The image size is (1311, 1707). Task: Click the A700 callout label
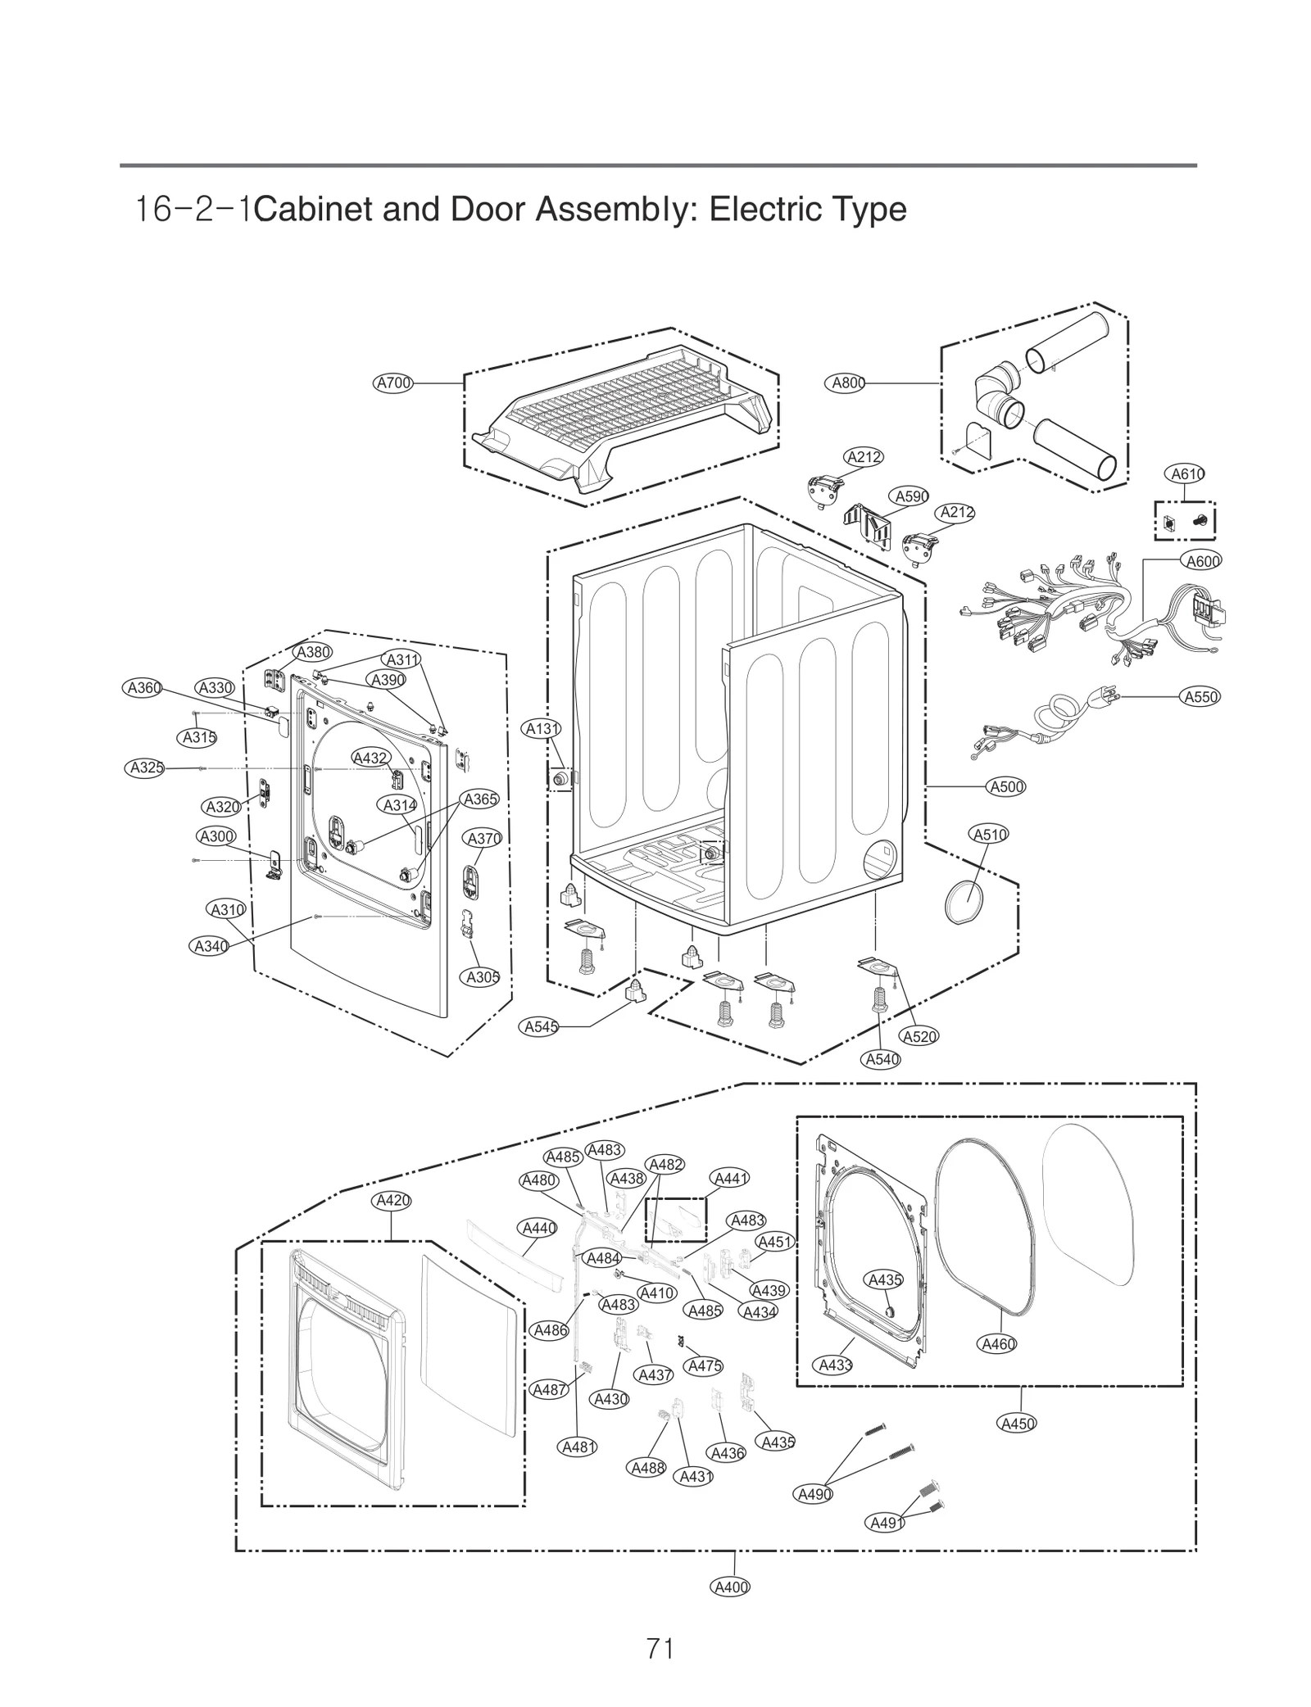point(393,383)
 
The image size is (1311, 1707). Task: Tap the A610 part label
point(1186,473)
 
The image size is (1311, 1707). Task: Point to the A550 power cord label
point(1201,697)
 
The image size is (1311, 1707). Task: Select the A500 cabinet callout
point(1006,787)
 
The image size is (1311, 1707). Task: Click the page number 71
point(660,1647)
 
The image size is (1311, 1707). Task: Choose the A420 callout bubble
point(392,1201)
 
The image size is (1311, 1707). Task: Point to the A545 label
point(542,1026)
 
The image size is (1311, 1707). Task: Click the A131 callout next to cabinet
point(542,728)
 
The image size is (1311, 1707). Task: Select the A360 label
point(144,688)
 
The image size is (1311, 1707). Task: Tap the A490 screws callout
point(814,1494)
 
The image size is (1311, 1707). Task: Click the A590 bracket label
point(910,496)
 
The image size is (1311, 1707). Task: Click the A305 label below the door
point(483,977)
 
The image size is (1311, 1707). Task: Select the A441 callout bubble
point(730,1178)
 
